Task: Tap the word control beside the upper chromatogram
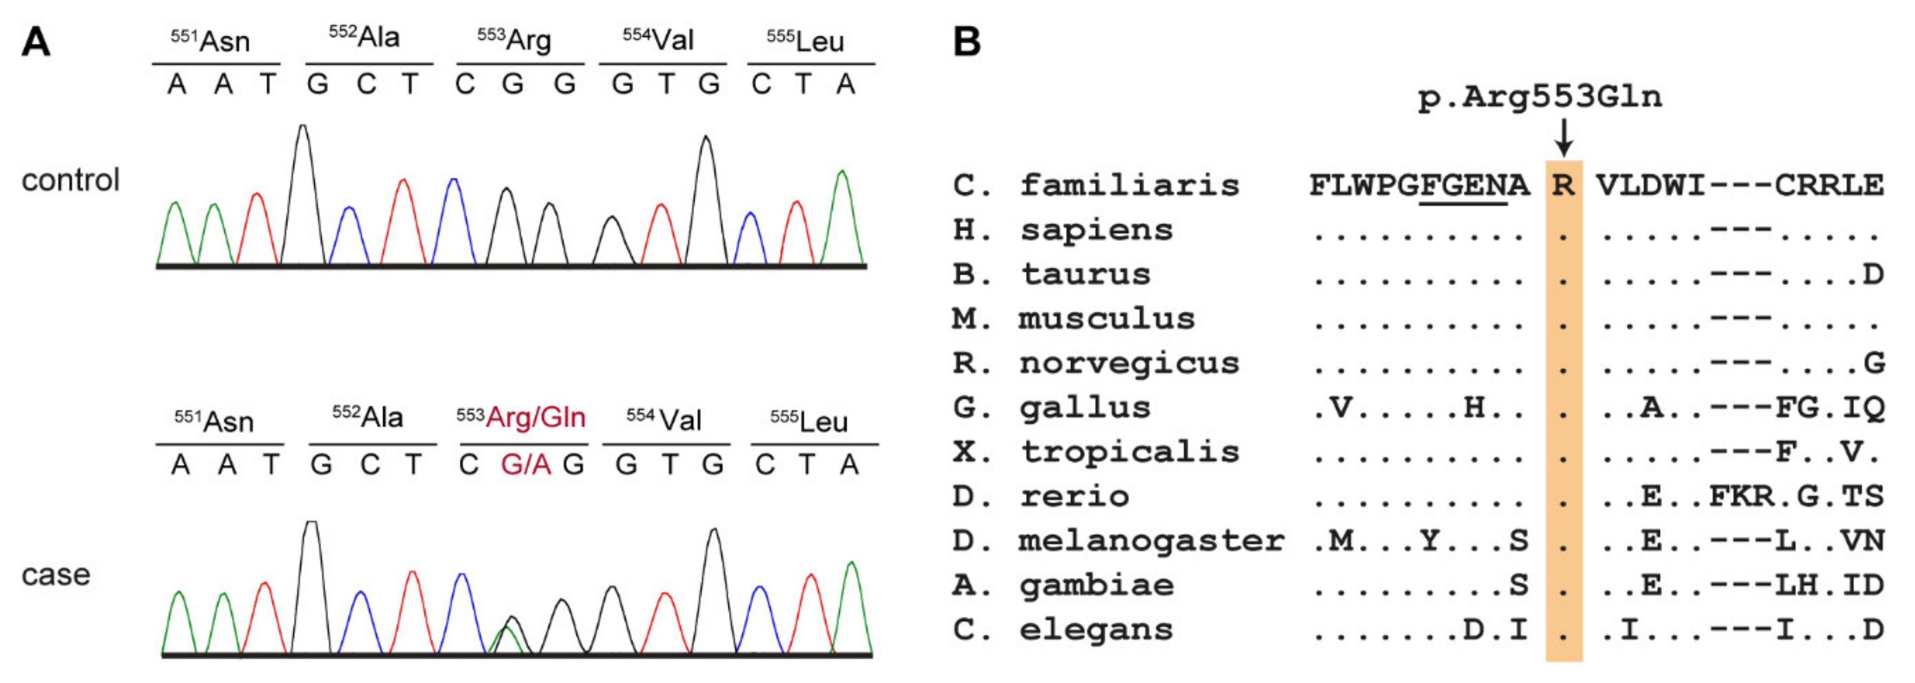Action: [x=71, y=181]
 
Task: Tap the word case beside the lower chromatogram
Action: [x=56, y=574]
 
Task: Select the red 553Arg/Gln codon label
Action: [x=521, y=418]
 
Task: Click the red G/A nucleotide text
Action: [x=526, y=465]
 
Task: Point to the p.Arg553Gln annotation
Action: [x=1539, y=97]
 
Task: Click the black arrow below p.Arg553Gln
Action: [x=1564, y=137]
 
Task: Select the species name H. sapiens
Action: [x=1063, y=230]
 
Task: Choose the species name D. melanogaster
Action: [x=1118, y=541]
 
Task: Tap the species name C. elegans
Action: [x=1063, y=630]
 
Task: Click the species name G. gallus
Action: [x=1052, y=408]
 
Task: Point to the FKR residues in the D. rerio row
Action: [x=1742, y=496]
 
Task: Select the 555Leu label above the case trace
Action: [x=809, y=421]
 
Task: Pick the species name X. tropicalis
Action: [x=1096, y=452]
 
